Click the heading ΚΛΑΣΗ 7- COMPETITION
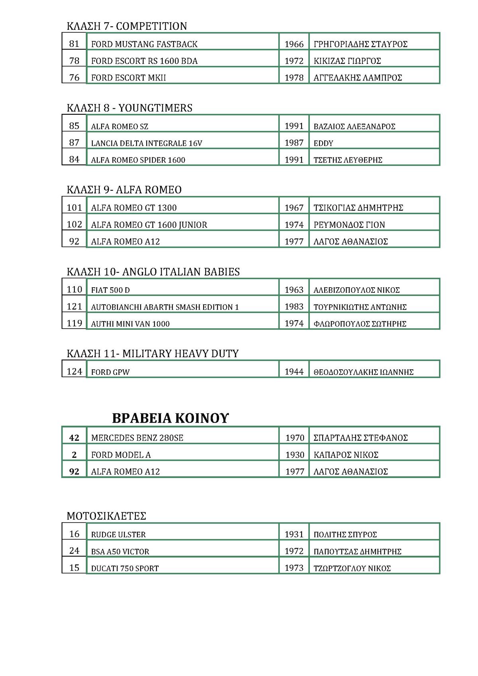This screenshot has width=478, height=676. click(x=127, y=26)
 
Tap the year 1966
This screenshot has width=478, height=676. click(x=294, y=44)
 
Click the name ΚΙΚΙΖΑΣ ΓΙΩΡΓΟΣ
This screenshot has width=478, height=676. click(x=347, y=61)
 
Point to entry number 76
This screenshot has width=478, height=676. click(x=74, y=77)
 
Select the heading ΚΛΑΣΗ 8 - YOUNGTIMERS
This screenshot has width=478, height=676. click(x=129, y=108)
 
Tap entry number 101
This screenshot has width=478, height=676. click(x=74, y=208)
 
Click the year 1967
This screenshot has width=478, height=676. click(x=294, y=208)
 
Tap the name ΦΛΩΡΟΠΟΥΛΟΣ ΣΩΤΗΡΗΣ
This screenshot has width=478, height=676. click(x=360, y=324)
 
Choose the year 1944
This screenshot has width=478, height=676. click(x=294, y=372)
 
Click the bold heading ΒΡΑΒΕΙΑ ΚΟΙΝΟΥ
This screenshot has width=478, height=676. click(x=170, y=418)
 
